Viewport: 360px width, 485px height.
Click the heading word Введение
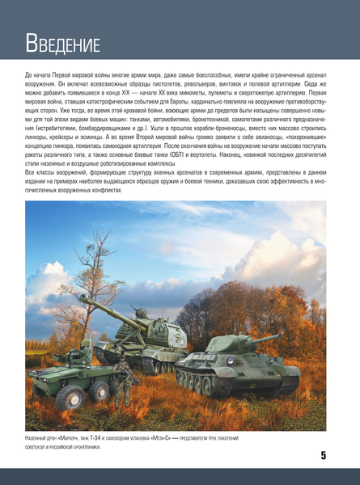pyautogui.click(x=62, y=42)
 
